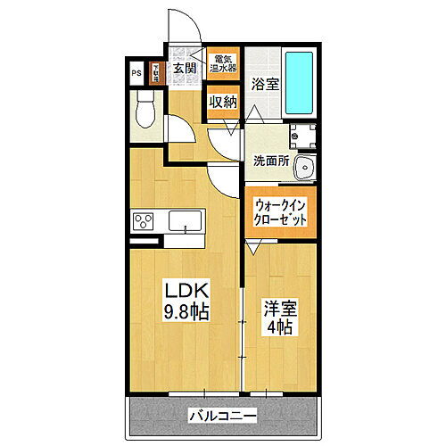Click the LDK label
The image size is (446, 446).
(x=185, y=291)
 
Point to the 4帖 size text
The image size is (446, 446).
(x=278, y=328)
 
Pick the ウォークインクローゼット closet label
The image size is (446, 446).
(x=281, y=211)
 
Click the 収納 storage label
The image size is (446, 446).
(x=222, y=102)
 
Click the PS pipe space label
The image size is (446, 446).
(x=136, y=74)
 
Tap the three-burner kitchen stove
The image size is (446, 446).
(x=145, y=219)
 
